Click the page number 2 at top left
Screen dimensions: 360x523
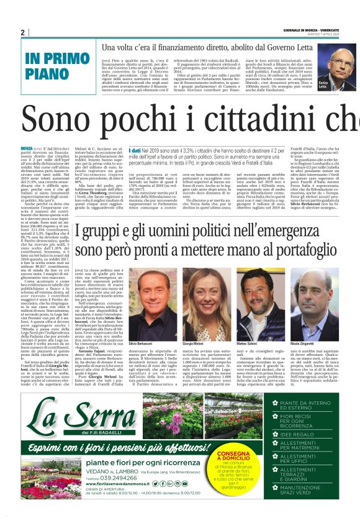(x=22, y=32)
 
